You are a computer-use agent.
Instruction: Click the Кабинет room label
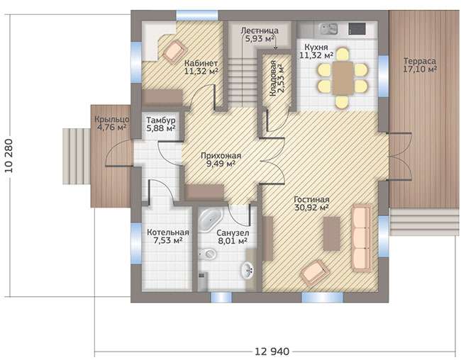pyautogui.click(x=201, y=63)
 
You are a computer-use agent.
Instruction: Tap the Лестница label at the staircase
pyautogui.click(x=260, y=30)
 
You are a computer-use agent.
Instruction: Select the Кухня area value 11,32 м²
pyautogui.click(x=316, y=55)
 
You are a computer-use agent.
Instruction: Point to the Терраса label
pyautogui.click(x=420, y=61)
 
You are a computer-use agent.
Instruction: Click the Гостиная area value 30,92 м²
pyautogui.click(x=311, y=208)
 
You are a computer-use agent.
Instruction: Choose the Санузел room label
pyautogui.click(x=233, y=232)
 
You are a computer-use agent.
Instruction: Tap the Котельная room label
pyautogui.click(x=168, y=232)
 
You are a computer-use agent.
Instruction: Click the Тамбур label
pyautogui.click(x=161, y=120)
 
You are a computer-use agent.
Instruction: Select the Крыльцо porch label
pyautogui.click(x=112, y=119)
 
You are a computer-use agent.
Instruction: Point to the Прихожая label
pyautogui.click(x=221, y=155)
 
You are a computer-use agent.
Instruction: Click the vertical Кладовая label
pyautogui.click(x=272, y=79)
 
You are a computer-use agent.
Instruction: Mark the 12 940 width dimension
pyautogui.click(x=272, y=351)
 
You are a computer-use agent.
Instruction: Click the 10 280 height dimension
pyautogui.click(x=9, y=155)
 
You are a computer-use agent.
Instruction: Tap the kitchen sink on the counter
pyautogui.click(x=328, y=29)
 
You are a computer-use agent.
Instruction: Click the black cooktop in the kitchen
pyautogui.click(x=357, y=28)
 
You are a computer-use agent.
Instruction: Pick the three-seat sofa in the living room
pyautogui.click(x=362, y=238)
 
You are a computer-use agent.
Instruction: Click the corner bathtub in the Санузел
pyautogui.click(x=210, y=220)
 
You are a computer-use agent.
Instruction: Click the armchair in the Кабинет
pyautogui.click(x=174, y=51)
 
